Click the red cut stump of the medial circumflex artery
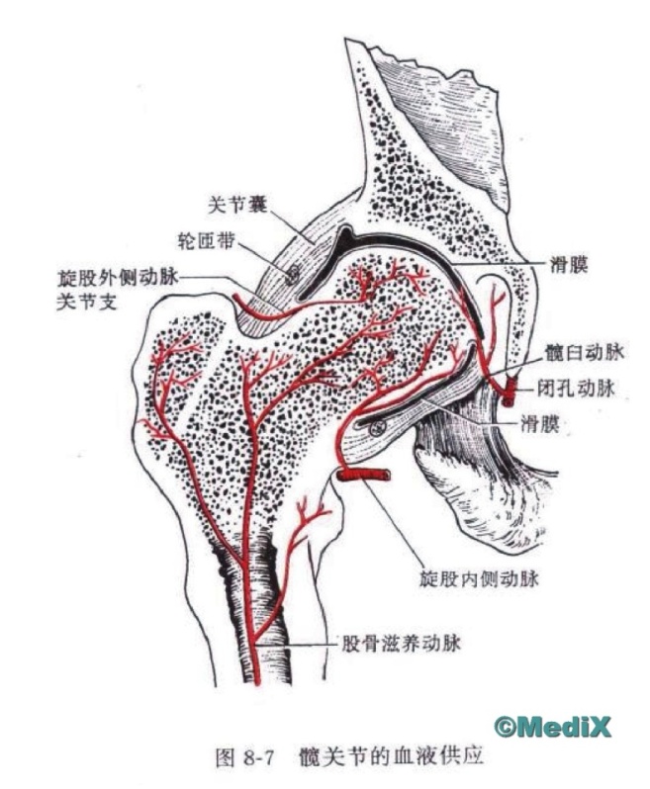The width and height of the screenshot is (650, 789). [364, 477]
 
